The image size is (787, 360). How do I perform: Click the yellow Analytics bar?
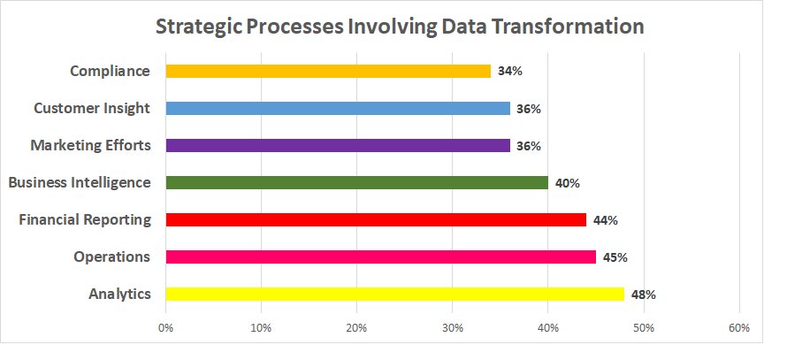(x=394, y=294)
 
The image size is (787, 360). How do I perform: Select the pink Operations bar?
(x=380, y=257)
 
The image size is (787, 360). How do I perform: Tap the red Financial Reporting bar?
(x=376, y=219)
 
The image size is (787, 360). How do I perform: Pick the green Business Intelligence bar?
(x=356, y=182)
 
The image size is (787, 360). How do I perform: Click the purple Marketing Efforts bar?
(x=337, y=145)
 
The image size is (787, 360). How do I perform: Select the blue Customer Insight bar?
(x=337, y=108)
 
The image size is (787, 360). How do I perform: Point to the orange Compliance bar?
(x=327, y=71)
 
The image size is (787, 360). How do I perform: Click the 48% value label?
(x=643, y=295)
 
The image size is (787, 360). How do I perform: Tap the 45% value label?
(x=615, y=257)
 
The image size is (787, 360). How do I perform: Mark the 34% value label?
(x=509, y=72)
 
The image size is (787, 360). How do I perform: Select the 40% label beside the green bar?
(x=567, y=183)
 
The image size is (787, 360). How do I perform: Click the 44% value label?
(x=605, y=220)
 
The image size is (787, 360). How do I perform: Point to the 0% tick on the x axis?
(x=165, y=328)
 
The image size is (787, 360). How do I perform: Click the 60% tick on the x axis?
(x=739, y=328)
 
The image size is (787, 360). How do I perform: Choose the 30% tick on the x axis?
(x=452, y=328)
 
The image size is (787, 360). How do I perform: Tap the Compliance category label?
(x=110, y=71)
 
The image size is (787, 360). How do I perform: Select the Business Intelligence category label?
(x=80, y=182)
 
